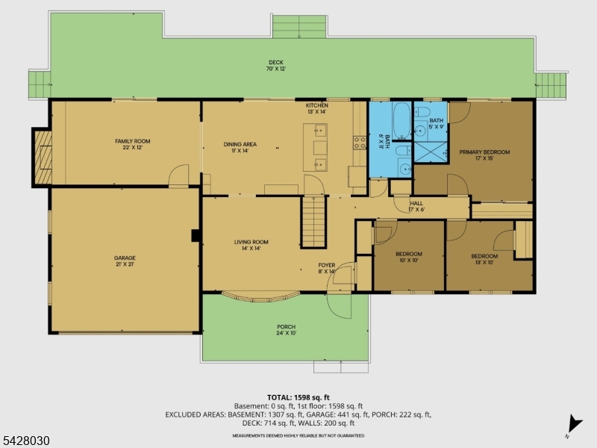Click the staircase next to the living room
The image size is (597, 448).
pyautogui.click(x=314, y=223)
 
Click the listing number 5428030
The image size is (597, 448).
pyautogui.click(x=25, y=441)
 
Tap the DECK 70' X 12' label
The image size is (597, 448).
pyautogui.click(x=277, y=65)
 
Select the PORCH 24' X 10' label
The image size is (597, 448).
pyautogui.click(x=286, y=330)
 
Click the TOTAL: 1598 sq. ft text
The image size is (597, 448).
pyautogui.click(x=298, y=396)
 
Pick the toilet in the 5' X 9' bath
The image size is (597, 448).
pyautogui.click(x=422, y=113)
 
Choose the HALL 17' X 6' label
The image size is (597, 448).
pyautogui.click(x=416, y=206)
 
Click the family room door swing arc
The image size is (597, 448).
pyautogui.click(x=179, y=177)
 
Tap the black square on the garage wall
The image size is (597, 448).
pyautogui.click(x=196, y=236)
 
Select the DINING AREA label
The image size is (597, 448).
pyautogui.click(x=240, y=147)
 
